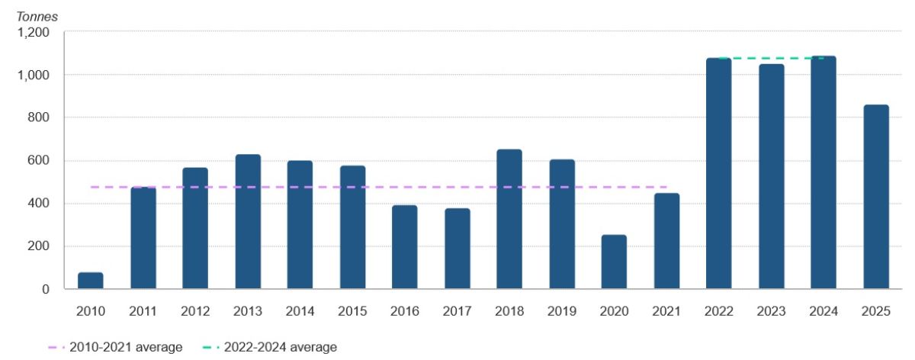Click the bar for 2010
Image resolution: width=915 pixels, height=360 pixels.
91,281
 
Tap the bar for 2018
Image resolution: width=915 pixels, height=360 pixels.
509,220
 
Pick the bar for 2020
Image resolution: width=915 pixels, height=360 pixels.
614,262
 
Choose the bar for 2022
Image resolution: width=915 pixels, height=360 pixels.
718,174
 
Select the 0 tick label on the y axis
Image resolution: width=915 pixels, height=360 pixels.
46,289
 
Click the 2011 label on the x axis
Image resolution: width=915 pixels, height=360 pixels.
143,311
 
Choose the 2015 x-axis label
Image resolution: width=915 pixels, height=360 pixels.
352,311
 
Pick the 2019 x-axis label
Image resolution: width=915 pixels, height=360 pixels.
562,311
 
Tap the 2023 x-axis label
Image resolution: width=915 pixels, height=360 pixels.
771,311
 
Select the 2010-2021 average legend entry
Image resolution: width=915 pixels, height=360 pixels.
114,347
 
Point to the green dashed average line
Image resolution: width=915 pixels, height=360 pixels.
771,58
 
